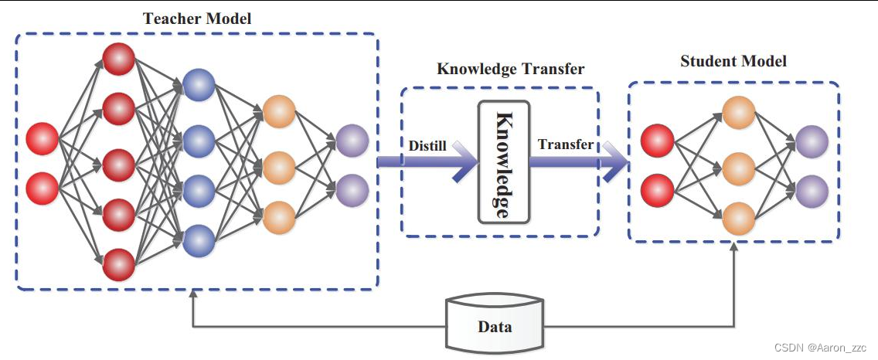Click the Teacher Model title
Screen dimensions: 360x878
[196, 19]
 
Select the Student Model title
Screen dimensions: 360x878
[733, 61]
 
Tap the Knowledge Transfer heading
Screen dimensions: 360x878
[511, 69]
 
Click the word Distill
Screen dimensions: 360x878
[427, 144]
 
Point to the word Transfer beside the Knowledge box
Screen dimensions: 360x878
[566, 144]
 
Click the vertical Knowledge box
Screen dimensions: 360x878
[503, 161]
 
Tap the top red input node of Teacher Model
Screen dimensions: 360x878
[43, 139]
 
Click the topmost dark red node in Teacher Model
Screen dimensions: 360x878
[119, 59]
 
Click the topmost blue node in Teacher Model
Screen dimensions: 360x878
[199, 85]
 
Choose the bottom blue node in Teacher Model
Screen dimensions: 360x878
[199, 239]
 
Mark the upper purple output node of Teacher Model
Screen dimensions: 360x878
[352, 141]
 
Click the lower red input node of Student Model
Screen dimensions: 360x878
[658, 191]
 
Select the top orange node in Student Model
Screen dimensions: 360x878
[738, 114]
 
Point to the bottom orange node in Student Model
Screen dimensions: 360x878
[738, 219]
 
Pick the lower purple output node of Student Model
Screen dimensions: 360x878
[812, 191]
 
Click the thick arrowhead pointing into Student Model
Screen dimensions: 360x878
[616, 161]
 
